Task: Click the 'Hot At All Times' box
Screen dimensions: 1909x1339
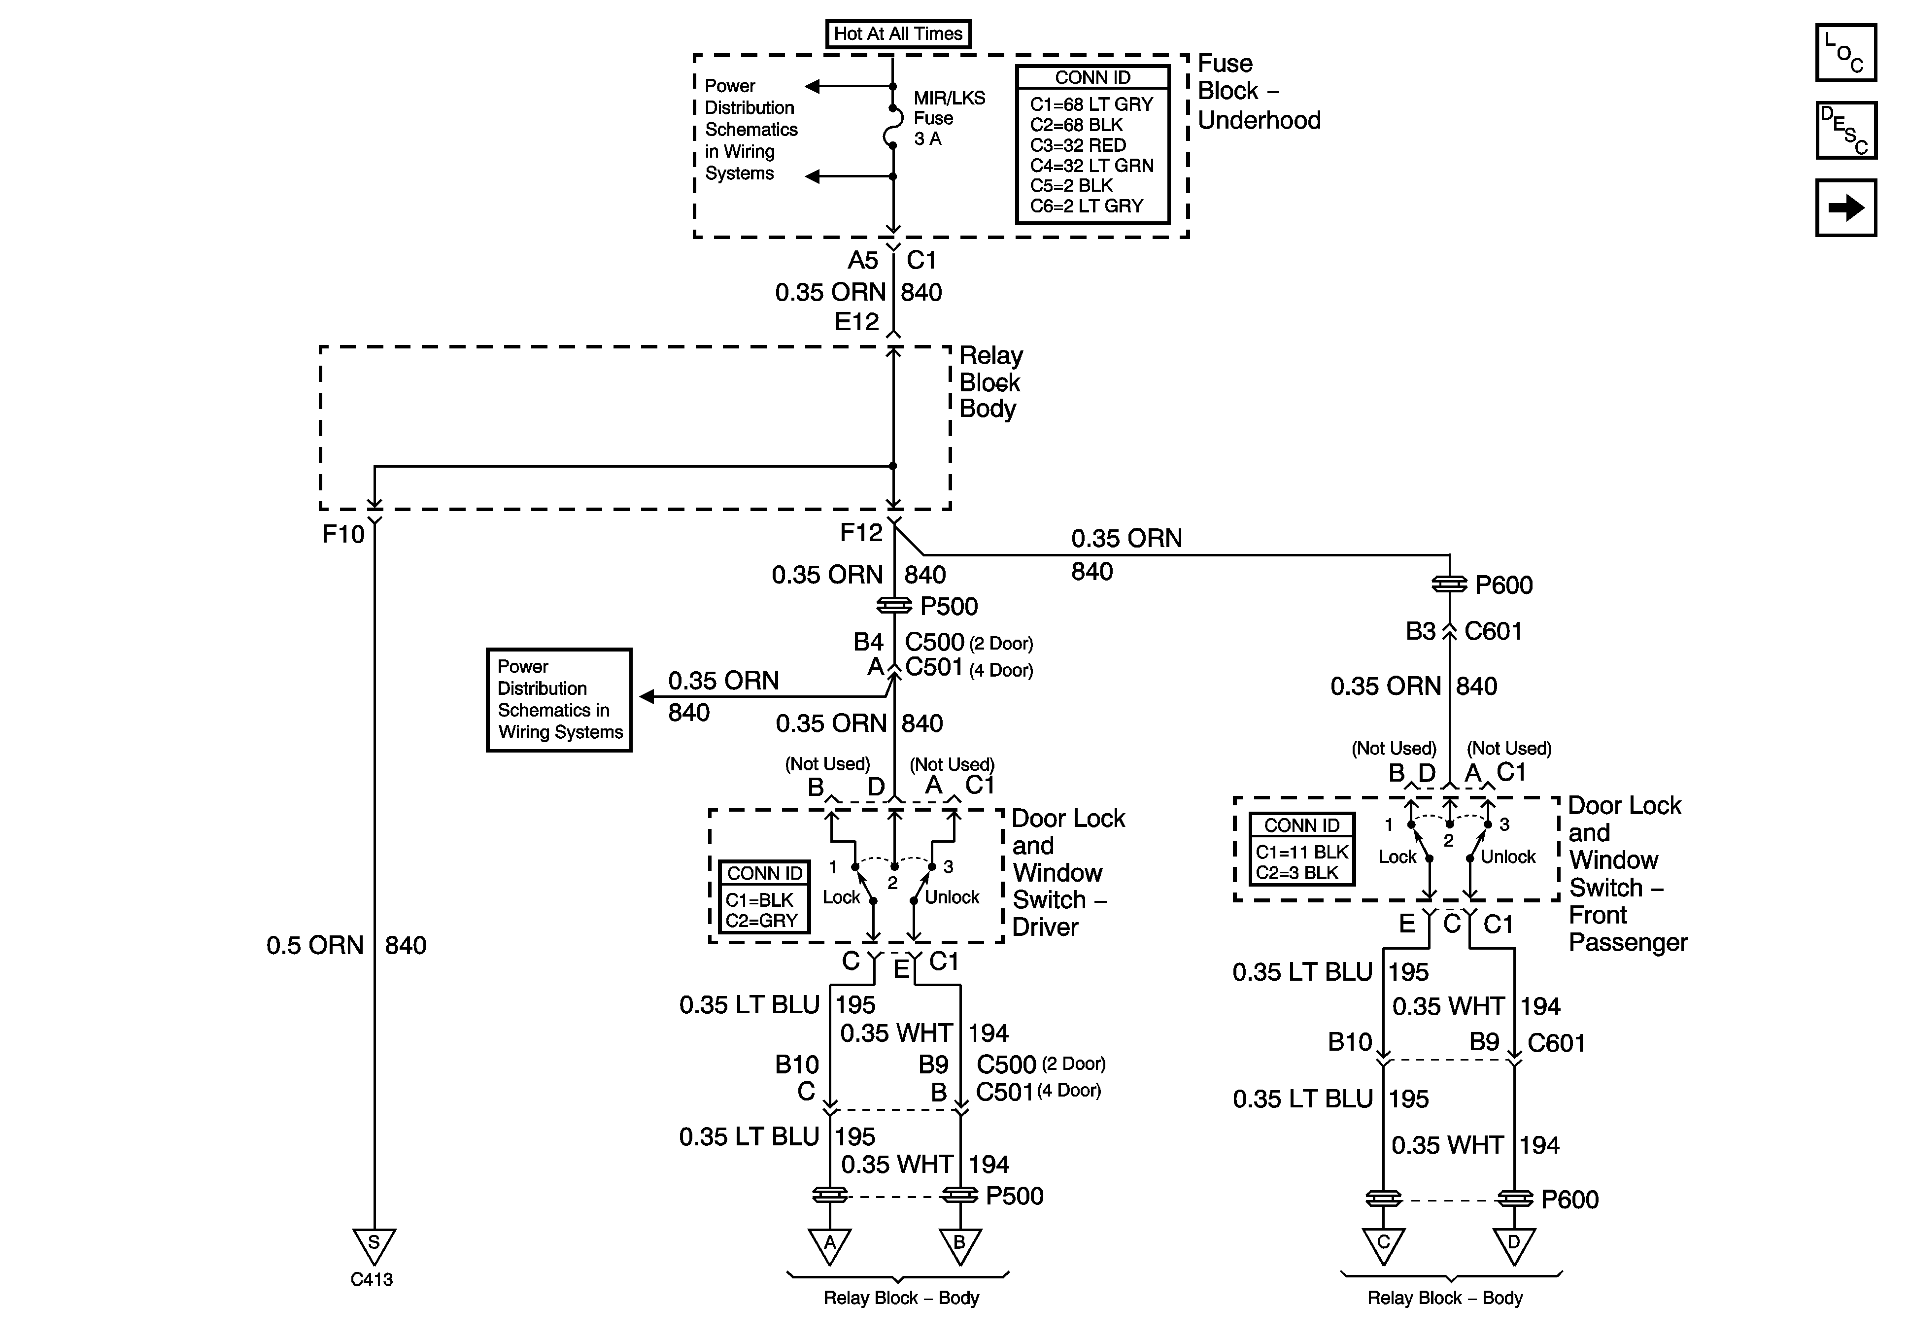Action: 898,34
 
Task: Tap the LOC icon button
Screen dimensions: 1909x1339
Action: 1846,52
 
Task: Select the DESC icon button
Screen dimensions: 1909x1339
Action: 1846,130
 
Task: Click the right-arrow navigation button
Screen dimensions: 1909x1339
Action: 1846,208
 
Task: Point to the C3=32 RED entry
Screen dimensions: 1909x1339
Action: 1078,145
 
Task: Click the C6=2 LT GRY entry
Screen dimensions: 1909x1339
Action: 1087,206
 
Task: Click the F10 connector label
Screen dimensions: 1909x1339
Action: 343,534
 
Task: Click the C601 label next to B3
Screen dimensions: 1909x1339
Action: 1493,631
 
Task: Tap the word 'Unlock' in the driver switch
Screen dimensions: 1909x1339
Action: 952,897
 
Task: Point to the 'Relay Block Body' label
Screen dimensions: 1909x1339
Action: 991,382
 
